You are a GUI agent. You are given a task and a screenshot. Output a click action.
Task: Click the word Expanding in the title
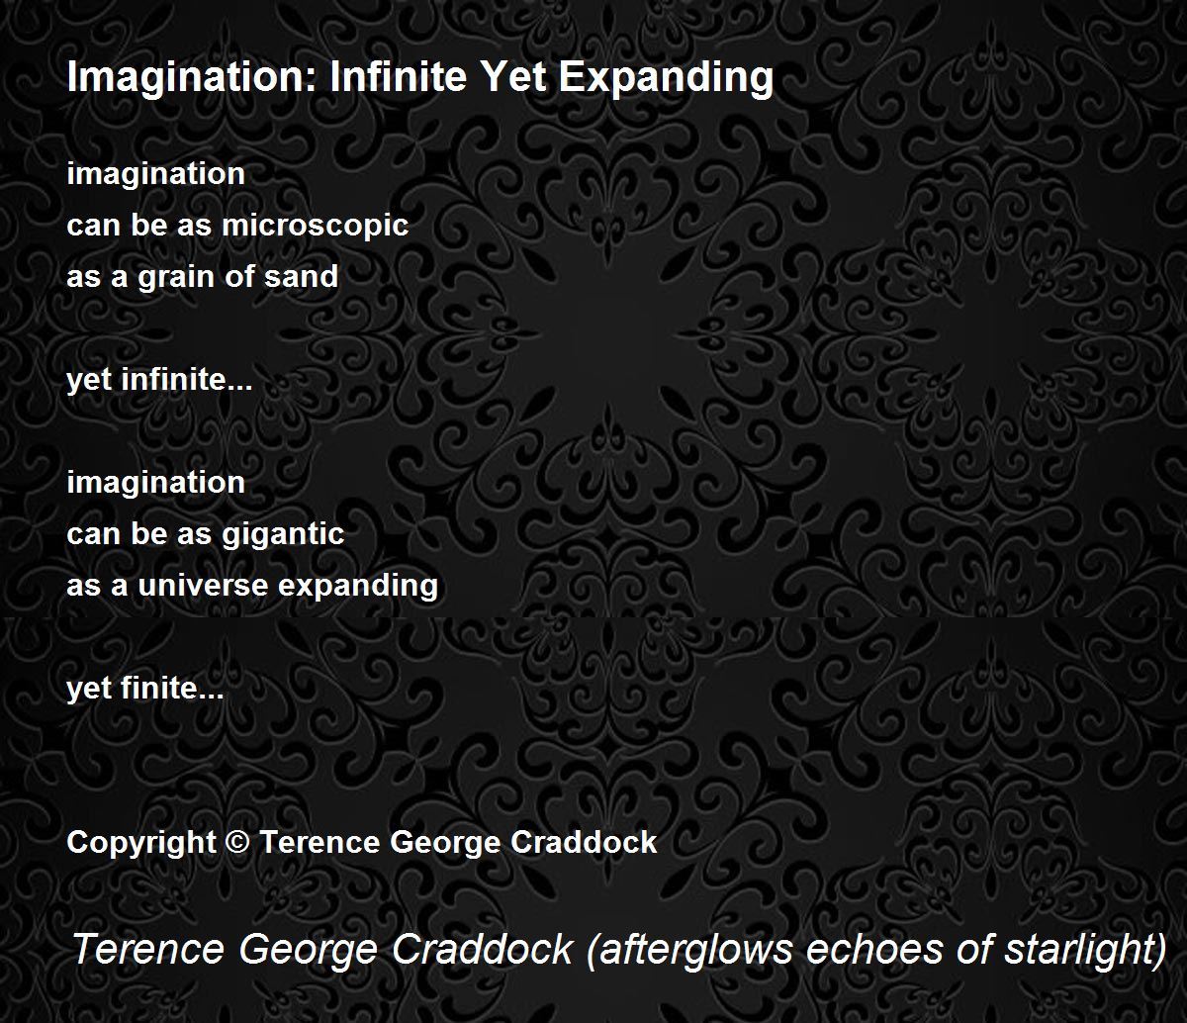tap(666, 77)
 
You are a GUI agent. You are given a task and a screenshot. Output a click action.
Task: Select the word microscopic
tap(316, 226)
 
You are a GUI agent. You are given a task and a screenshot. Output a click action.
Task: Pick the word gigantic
tap(283, 535)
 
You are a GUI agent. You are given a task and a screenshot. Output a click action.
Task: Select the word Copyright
tap(141, 843)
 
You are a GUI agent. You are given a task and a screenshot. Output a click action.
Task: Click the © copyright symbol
tap(237, 843)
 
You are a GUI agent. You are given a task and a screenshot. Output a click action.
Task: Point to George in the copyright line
tap(446, 843)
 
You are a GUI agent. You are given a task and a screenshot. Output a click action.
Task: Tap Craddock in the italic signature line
tap(483, 949)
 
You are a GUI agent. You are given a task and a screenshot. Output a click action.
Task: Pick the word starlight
tap(1085, 951)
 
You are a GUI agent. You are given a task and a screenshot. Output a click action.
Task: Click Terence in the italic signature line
tap(148, 949)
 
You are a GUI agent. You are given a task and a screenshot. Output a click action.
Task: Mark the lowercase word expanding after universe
tap(358, 587)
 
